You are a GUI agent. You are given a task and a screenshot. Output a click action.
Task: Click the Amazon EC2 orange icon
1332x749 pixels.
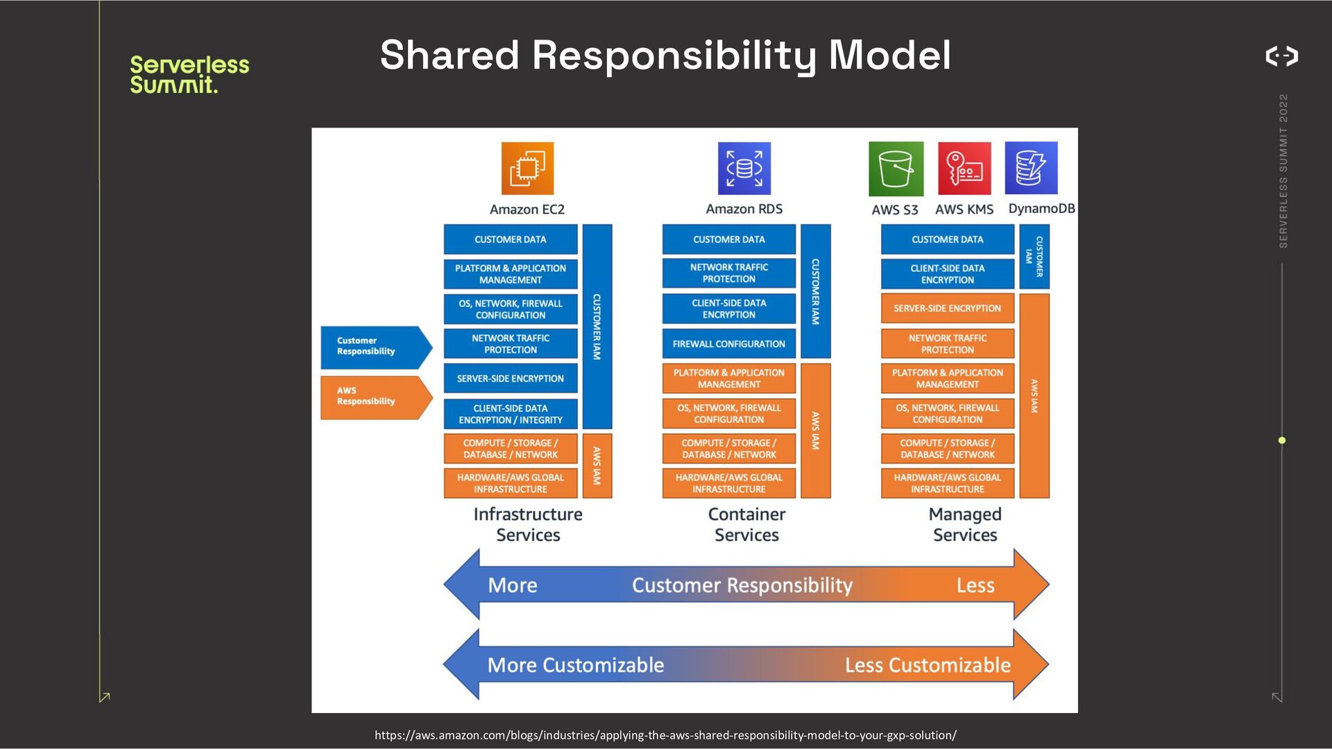tap(527, 169)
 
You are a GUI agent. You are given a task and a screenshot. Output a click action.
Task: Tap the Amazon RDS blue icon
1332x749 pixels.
tap(744, 169)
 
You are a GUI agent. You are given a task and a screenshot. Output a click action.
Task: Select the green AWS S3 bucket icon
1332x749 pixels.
tap(896, 169)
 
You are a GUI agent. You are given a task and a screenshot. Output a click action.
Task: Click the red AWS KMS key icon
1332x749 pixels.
tap(964, 169)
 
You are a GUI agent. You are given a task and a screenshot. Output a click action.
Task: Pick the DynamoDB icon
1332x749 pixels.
tap(1031, 169)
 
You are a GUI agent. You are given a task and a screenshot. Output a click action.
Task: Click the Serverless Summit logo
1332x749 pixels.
tap(189, 74)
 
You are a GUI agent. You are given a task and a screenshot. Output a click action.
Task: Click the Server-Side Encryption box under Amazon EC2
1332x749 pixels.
tap(511, 379)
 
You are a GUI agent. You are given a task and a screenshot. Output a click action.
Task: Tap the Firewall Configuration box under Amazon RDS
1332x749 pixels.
tap(728, 344)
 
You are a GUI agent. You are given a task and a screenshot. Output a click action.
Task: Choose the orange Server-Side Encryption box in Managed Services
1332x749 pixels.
tap(947, 309)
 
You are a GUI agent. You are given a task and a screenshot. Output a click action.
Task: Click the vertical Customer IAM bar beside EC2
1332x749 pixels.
tap(597, 326)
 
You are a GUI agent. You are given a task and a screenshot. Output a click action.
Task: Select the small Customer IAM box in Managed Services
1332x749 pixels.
tap(1034, 257)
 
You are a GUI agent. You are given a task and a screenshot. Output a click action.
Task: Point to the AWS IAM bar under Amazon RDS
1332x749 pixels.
tap(815, 431)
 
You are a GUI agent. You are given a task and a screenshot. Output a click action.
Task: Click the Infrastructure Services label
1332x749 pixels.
tap(528, 524)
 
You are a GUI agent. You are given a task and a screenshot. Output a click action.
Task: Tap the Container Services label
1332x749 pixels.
tap(746, 524)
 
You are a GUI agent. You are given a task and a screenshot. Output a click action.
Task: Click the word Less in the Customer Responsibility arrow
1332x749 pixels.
tap(975, 585)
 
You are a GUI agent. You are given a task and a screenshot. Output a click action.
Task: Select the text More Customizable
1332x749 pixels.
tap(576, 665)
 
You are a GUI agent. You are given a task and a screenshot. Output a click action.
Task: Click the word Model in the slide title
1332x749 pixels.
tap(890, 55)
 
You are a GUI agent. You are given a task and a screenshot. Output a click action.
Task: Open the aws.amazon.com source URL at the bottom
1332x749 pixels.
tap(665, 735)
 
